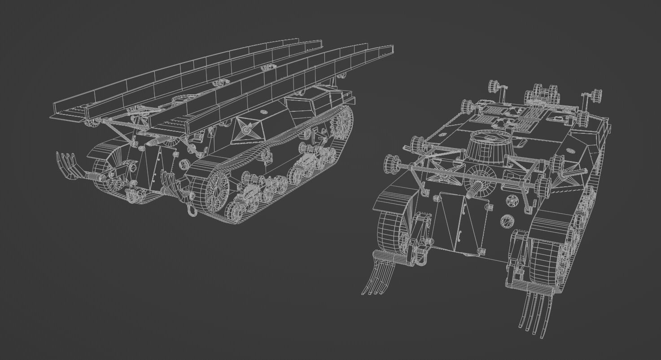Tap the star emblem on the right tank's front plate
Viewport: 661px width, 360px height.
click(x=512, y=202)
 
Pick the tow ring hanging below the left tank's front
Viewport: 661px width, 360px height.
click(x=192, y=210)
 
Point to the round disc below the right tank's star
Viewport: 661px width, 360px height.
click(x=507, y=220)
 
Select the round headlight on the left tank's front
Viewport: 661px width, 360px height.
click(x=183, y=164)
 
